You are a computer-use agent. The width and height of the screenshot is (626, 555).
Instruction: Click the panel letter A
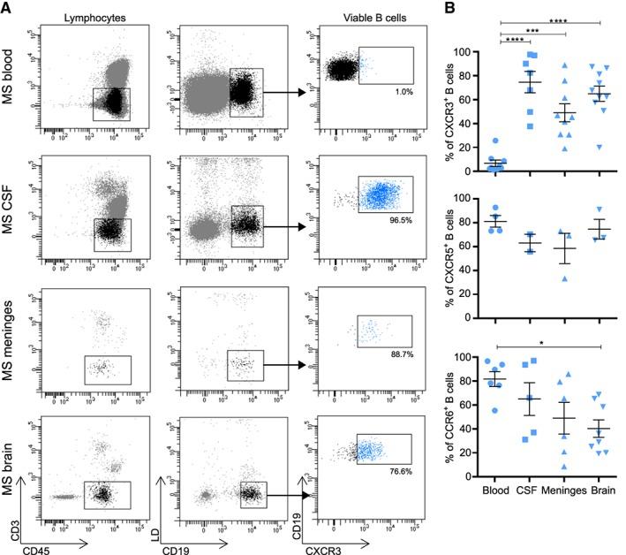point(7,8)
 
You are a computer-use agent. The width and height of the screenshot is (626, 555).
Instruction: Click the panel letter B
point(453,8)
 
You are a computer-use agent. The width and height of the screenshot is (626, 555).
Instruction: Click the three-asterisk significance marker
point(532,27)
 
